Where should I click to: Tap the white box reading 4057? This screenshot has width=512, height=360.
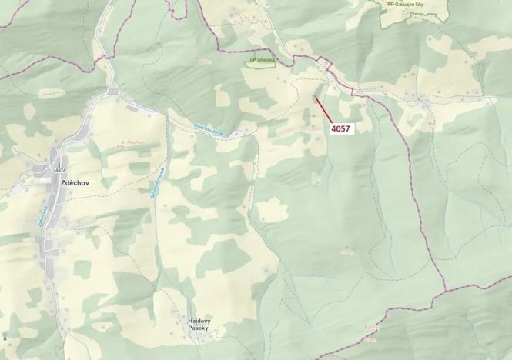click(x=341, y=128)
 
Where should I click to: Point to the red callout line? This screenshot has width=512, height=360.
click(x=323, y=109)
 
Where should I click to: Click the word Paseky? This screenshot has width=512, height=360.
click(x=199, y=328)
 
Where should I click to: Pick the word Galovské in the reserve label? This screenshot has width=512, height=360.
click(x=407, y=3)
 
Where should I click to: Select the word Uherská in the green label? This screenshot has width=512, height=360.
click(x=264, y=59)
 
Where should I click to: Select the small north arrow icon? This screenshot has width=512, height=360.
click(x=6, y=336)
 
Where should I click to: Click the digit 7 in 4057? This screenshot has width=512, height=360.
click(x=350, y=128)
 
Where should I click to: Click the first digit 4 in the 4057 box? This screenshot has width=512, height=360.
click(x=333, y=128)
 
